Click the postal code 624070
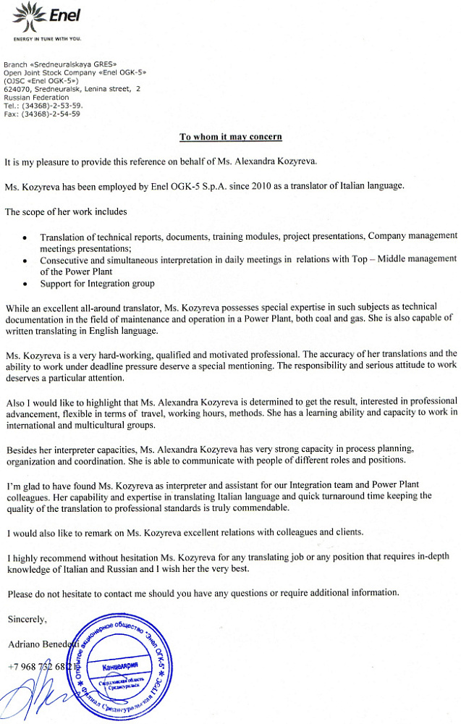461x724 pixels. tap(16, 89)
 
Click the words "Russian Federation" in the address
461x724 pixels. tap(36, 97)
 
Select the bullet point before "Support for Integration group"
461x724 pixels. tap(26, 285)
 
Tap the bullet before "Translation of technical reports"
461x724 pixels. tap(26, 237)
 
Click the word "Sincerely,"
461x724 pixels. tap(27, 620)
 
